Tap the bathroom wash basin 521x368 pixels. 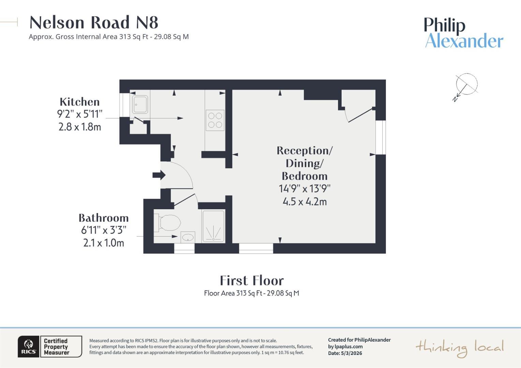[188, 237]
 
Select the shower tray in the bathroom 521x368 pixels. [213, 226]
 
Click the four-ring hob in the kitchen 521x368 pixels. [215, 120]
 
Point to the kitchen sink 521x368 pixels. [140, 104]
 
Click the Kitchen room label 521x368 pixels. [79, 102]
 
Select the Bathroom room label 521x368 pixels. [103, 218]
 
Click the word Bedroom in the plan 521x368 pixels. [304, 176]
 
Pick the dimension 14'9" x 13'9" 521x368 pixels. [304, 189]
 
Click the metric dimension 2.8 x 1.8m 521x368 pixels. [79, 127]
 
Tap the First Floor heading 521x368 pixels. [252, 281]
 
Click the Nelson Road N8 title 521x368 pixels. [94, 22]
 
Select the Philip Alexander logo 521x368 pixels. [463, 33]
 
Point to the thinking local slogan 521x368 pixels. [459, 348]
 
